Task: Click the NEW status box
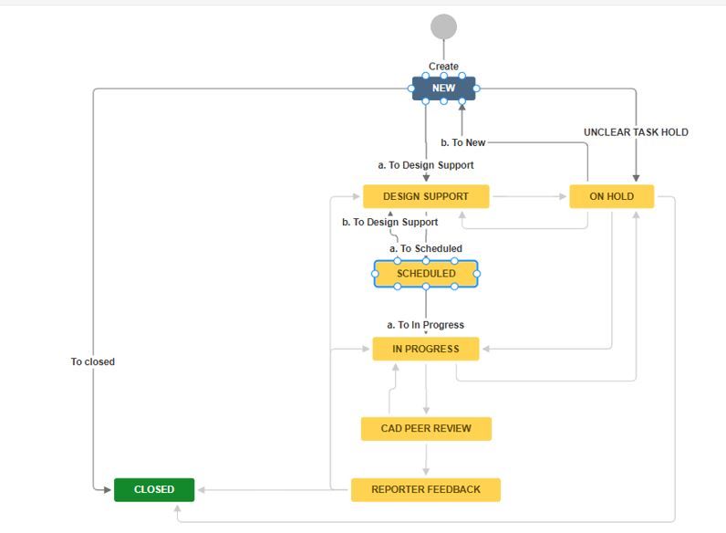[x=443, y=89]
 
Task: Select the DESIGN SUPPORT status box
[x=426, y=196]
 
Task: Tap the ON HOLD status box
[x=611, y=196]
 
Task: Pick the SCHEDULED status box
[x=426, y=274]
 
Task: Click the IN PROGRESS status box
[x=426, y=349]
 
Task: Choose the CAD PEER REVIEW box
[x=426, y=428]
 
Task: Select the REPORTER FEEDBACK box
[x=426, y=489]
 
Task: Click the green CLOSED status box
[x=154, y=489]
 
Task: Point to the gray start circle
[x=443, y=26]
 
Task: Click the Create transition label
[x=443, y=67]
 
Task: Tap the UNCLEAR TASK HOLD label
[x=636, y=132]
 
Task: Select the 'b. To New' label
[x=463, y=142]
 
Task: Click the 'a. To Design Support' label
[x=426, y=165]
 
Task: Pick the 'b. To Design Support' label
[x=389, y=222]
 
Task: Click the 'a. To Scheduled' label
[x=426, y=248]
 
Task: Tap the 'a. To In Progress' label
[x=426, y=325]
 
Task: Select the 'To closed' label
[x=93, y=361]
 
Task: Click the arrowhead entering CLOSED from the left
[x=109, y=489]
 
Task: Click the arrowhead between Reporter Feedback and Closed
[x=202, y=489]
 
